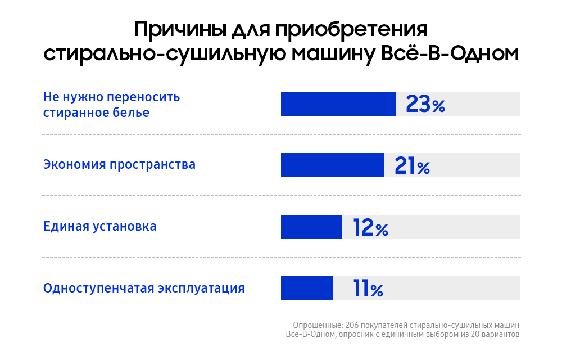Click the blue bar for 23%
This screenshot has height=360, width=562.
point(338,104)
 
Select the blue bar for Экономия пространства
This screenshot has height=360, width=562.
point(332,165)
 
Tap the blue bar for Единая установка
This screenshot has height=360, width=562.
point(311,227)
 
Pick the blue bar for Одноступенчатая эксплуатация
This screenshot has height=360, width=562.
point(307,288)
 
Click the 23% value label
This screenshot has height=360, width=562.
point(425,104)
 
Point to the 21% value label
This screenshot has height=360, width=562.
point(412,165)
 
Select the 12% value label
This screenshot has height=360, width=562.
point(370,227)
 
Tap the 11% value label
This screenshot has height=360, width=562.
point(368,289)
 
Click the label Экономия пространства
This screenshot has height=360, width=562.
point(119,165)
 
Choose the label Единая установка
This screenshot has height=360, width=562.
point(100,226)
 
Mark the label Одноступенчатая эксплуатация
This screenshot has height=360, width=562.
point(144,288)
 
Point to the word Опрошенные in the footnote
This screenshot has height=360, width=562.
point(316,325)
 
